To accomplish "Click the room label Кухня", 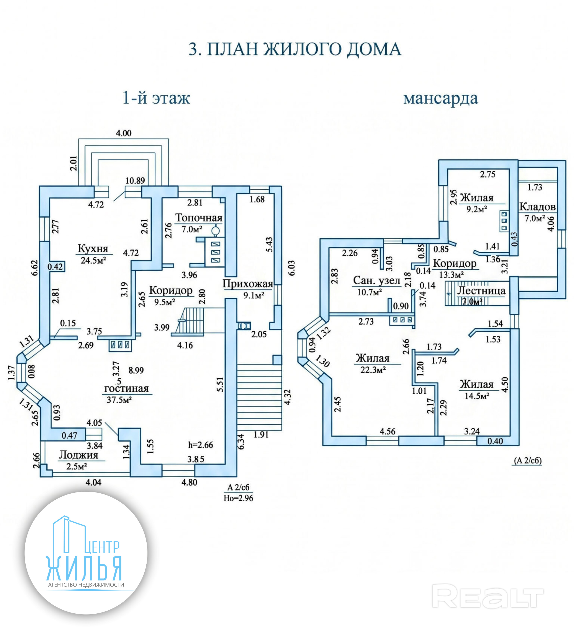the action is (x=93, y=249).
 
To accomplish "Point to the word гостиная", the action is (x=126, y=388).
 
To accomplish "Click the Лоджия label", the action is (x=78, y=455).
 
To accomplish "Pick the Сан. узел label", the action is (x=377, y=280).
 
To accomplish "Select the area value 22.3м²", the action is (x=373, y=370).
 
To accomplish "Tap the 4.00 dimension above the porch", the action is (x=123, y=133).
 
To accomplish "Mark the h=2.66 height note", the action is (x=201, y=445).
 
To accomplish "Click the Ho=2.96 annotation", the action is (x=239, y=498).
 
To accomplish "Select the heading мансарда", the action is (x=441, y=99).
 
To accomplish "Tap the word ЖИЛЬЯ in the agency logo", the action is (x=84, y=568).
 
